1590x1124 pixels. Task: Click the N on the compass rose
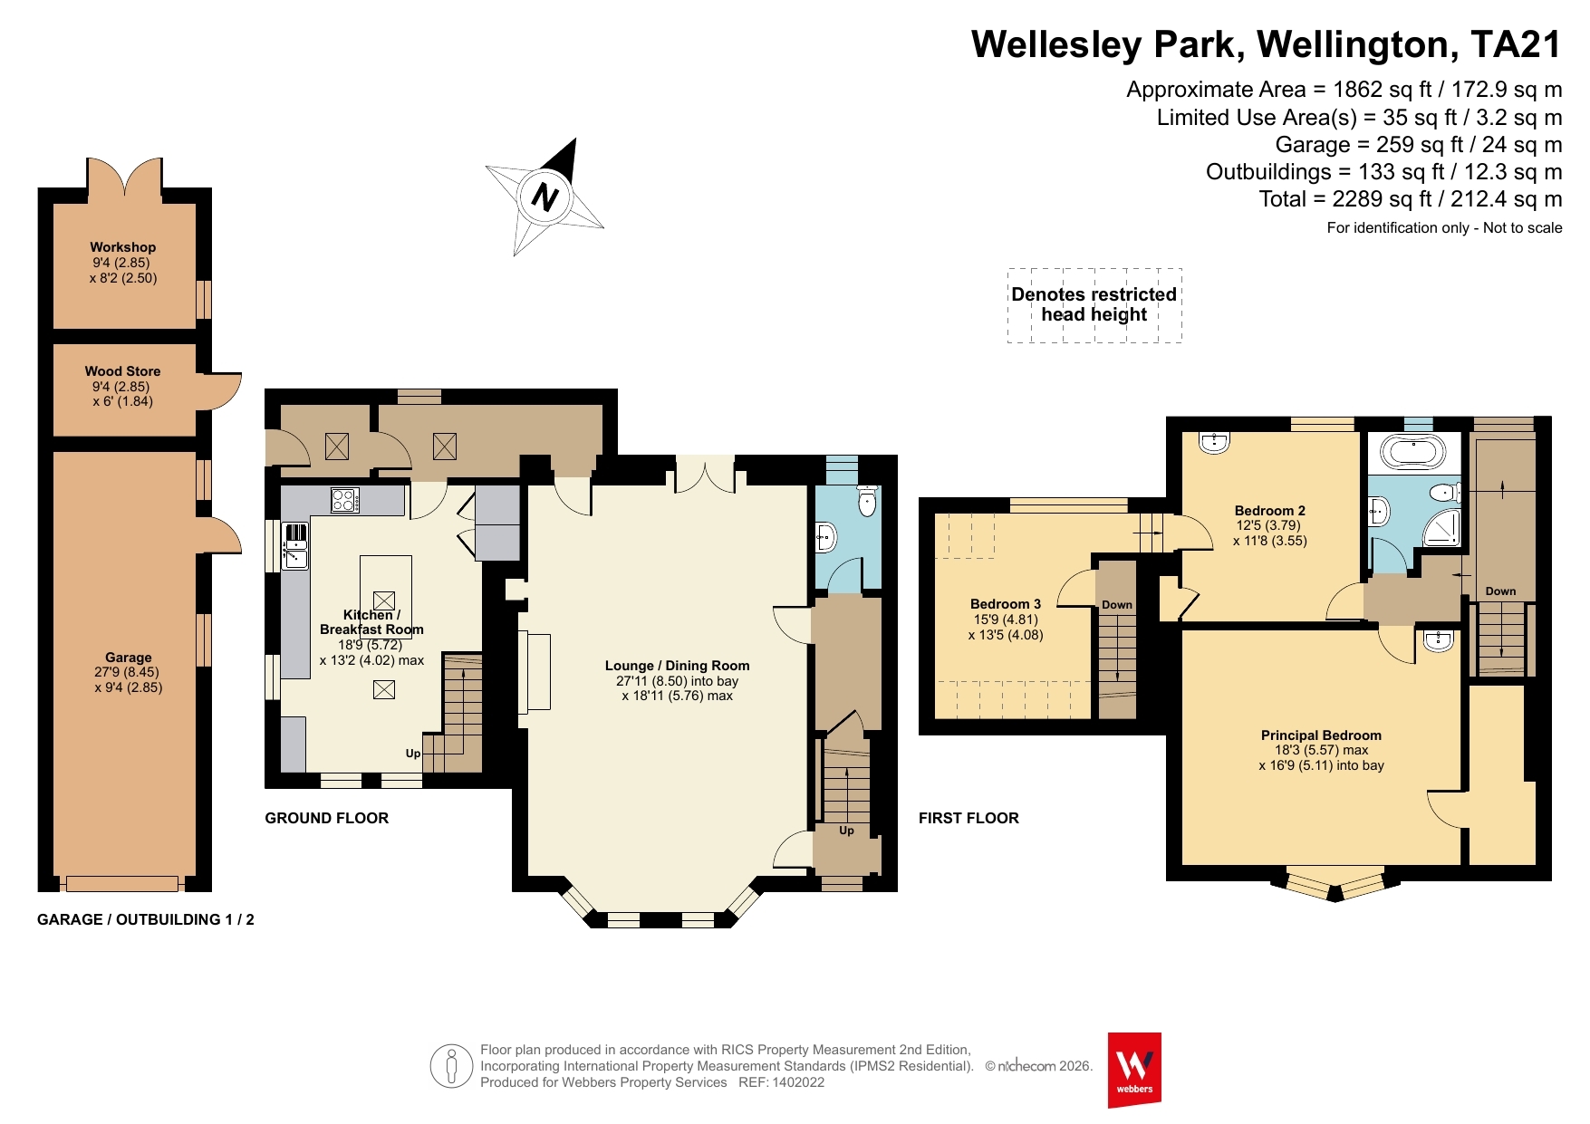(x=545, y=197)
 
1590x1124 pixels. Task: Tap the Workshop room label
(x=123, y=246)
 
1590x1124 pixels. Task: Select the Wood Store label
(x=123, y=370)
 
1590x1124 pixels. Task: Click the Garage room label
(x=129, y=657)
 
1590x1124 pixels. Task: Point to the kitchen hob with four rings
(x=344, y=500)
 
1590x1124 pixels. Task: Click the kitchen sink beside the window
(x=295, y=546)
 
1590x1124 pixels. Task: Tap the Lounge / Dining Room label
(x=678, y=665)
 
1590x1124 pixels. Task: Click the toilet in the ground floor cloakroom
(x=867, y=501)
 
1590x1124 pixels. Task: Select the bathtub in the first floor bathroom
(x=1413, y=452)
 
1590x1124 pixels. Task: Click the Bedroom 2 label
(x=1270, y=510)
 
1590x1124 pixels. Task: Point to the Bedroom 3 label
(x=1006, y=603)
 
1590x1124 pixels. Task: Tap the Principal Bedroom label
(x=1321, y=735)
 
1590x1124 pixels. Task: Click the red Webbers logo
(x=1134, y=1070)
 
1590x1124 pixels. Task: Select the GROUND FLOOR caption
(x=327, y=818)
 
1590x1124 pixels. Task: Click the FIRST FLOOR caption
(x=969, y=818)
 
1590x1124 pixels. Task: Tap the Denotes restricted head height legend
(x=1094, y=304)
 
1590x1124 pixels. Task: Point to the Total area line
(x=1411, y=199)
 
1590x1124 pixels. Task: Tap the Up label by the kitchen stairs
(x=413, y=754)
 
